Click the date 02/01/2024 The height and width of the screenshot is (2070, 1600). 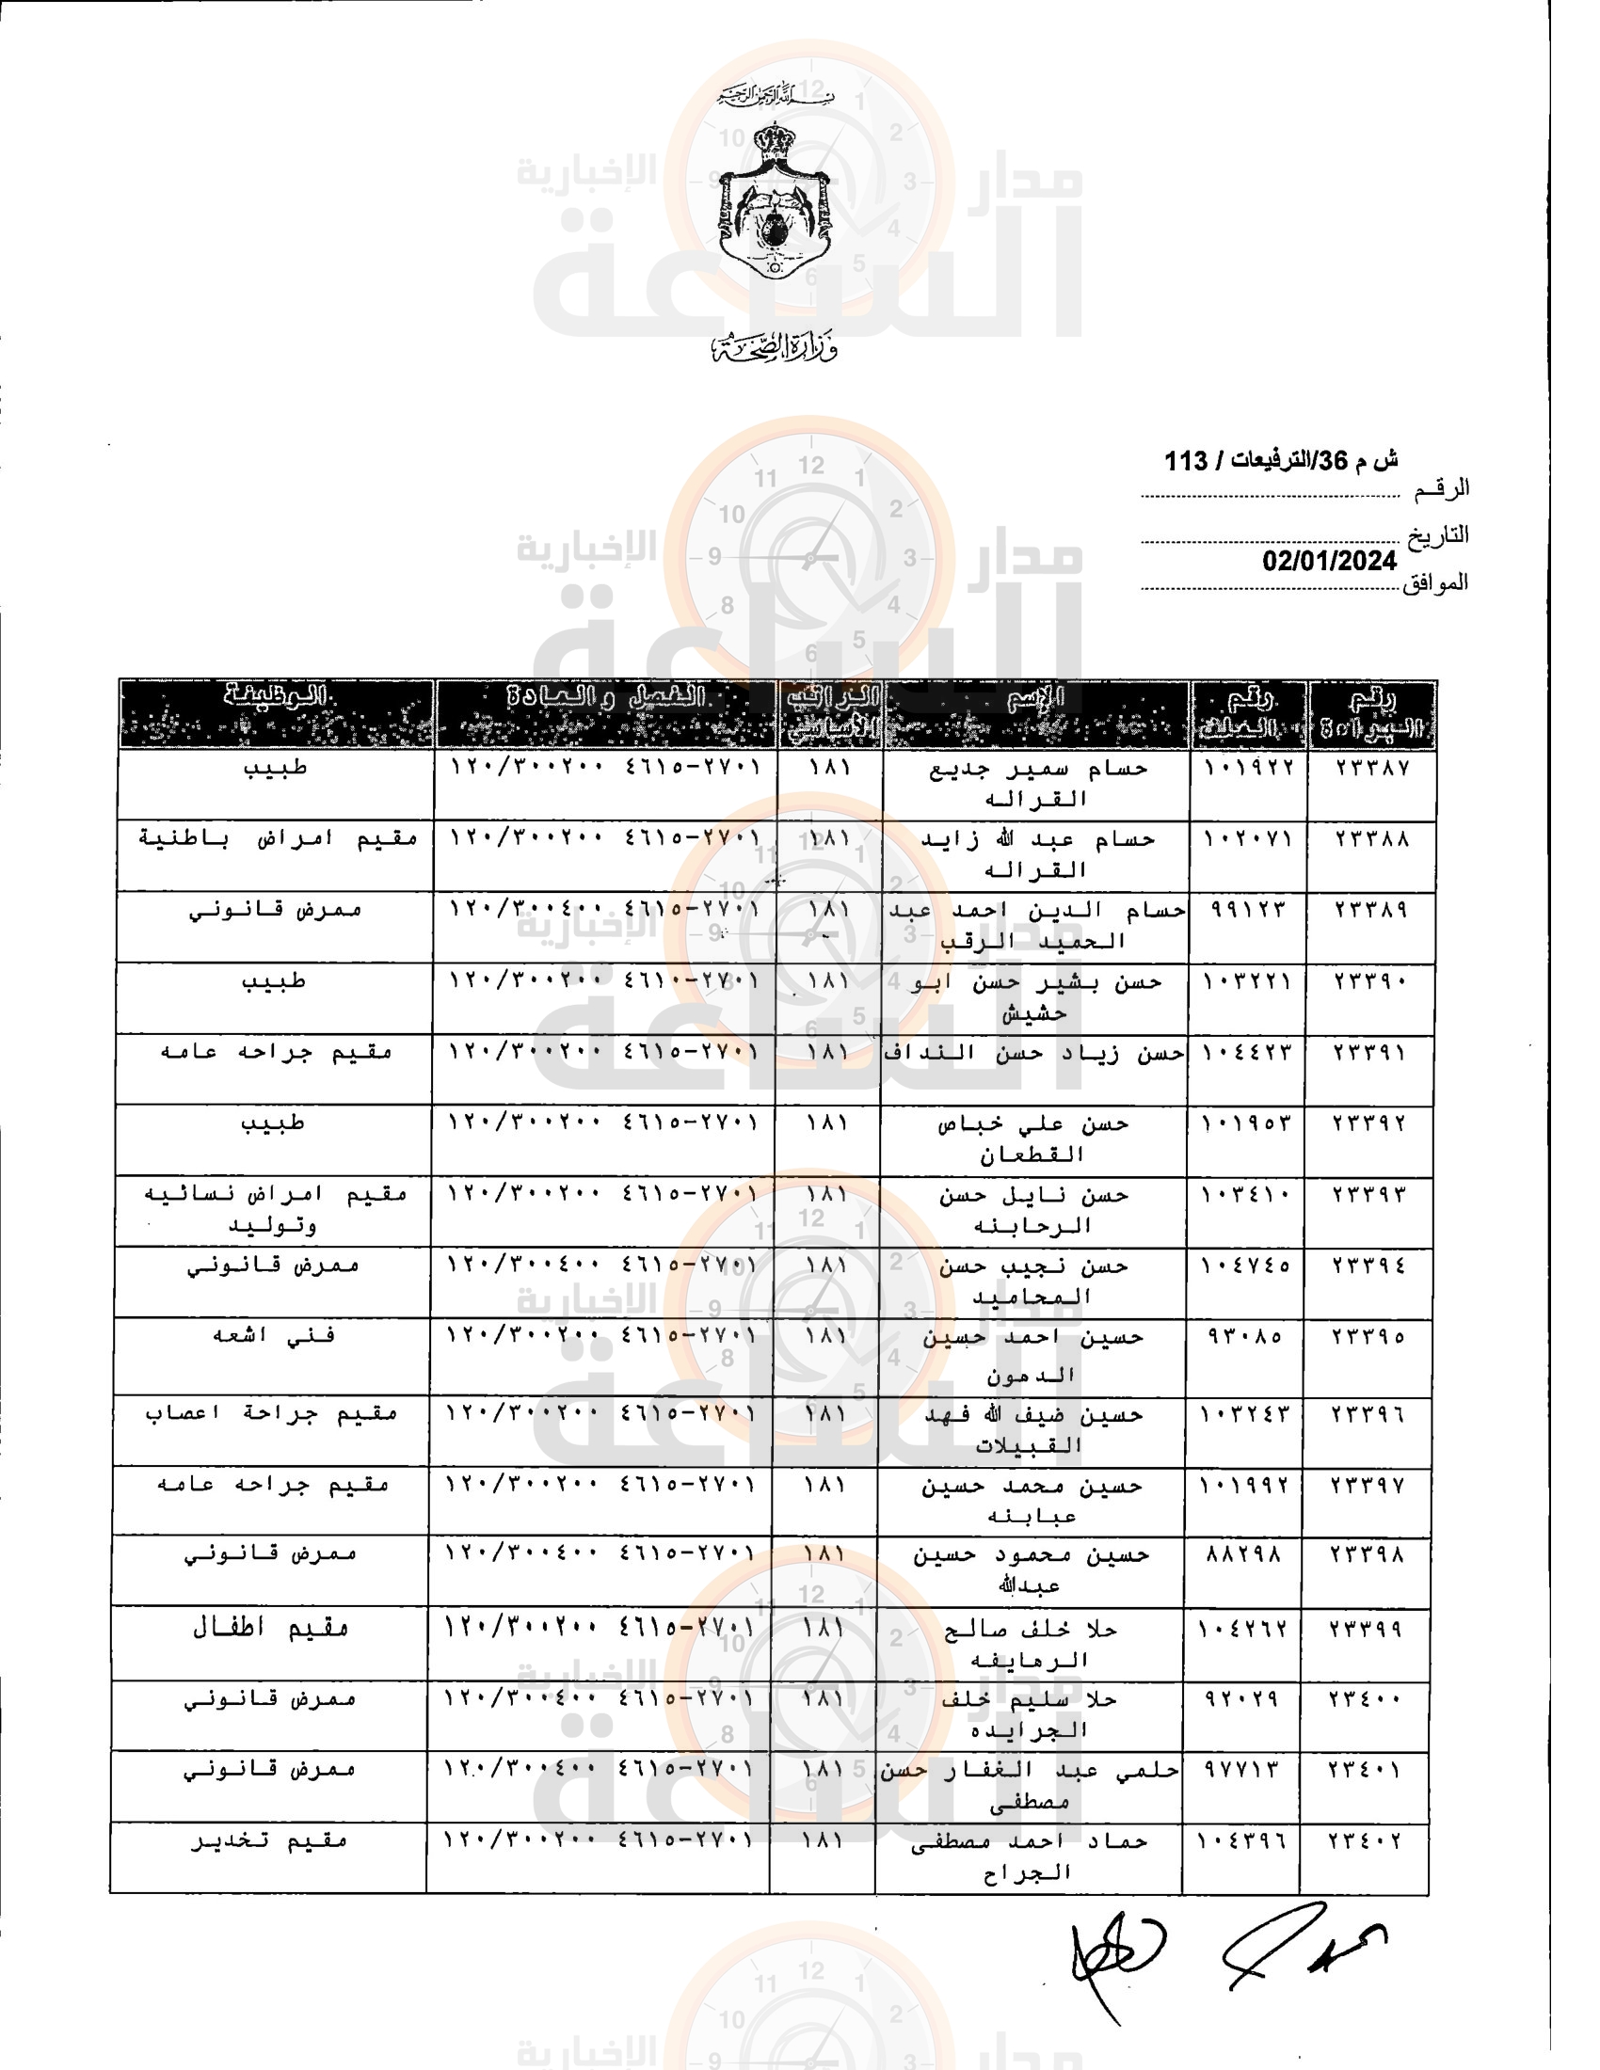point(1329,561)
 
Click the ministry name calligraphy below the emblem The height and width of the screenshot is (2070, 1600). point(776,349)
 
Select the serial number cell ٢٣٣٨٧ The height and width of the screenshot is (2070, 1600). point(1371,768)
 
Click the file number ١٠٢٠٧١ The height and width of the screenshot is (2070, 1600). point(1247,838)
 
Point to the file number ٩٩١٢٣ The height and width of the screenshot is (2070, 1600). point(1247,910)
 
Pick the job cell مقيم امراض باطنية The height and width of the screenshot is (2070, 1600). point(278,838)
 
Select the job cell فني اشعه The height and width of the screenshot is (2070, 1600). point(273,1335)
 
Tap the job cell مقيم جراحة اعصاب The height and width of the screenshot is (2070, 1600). point(271,1414)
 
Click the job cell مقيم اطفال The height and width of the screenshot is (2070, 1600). point(270,1629)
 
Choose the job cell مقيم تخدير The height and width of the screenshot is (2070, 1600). point(269,1840)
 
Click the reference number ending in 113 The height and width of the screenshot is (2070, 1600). point(1281,462)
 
